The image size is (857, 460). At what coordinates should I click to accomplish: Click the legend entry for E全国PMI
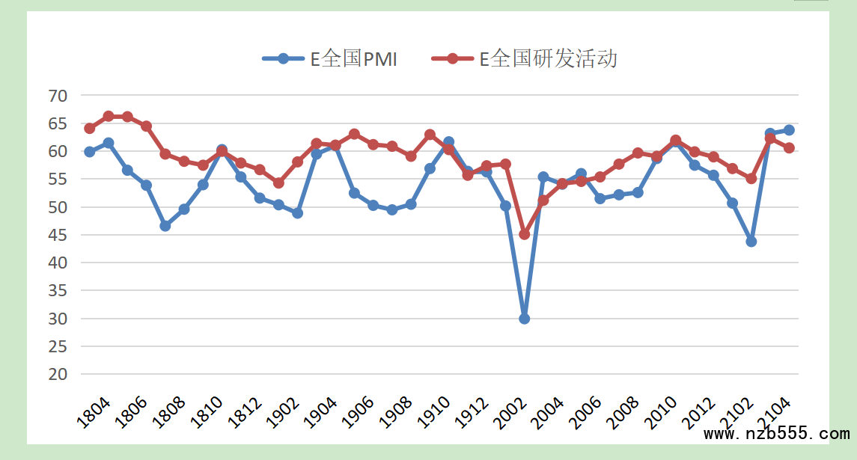pos(330,59)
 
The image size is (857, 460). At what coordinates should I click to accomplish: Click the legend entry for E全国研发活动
pos(525,59)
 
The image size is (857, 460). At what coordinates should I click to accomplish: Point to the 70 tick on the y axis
pos(58,96)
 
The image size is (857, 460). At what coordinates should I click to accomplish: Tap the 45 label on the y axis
pos(58,235)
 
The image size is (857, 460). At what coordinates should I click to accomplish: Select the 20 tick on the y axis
pos(58,375)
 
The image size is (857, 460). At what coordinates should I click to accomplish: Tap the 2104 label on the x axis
pos(775,412)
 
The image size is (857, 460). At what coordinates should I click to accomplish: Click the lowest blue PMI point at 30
pos(525,319)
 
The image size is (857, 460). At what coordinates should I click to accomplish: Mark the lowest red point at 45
pos(525,234)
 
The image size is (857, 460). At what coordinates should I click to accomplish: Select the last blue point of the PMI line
pos(789,130)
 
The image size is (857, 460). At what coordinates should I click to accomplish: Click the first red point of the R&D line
pos(90,129)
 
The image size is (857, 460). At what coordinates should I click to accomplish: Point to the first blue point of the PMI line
pos(90,152)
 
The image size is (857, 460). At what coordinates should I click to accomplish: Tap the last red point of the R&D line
pos(789,148)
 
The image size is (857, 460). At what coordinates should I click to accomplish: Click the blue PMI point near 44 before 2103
pos(751,242)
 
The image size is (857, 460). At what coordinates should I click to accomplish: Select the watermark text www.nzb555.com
pos(777,434)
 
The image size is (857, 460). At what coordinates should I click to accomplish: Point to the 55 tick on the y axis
pos(58,180)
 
